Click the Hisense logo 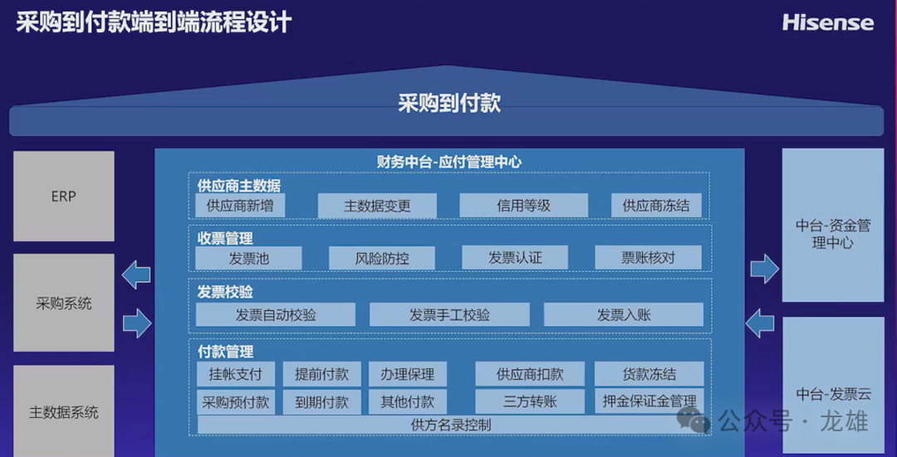pyautogui.click(x=828, y=23)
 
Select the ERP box pyautogui.click(x=63, y=196)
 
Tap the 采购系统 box pyautogui.click(x=63, y=303)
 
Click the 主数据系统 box pyautogui.click(x=63, y=411)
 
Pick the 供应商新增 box pyautogui.click(x=240, y=206)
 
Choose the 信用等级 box pyautogui.click(x=523, y=206)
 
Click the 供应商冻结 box pyautogui.click(x=656, y=206)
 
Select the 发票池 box pyautogui.click(x=248, y=258)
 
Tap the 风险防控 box pyautogui.click(x=381, y=258)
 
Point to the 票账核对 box pyautogui.click(x=648, y=258)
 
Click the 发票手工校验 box pyautogui.click(x=449, y=315)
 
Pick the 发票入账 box pyautogui.click(x=624, y=315)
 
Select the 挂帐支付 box pyautogui.click(x=236, y=374)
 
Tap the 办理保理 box pyautogui.click(x=407, y=374)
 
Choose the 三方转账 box pyautogui.click(x=530, y=401)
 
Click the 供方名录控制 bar pyautogui.click(x=450, y=425)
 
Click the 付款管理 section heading pyautogui.click(x=225, y=352)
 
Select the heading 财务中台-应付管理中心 pyautogui.click(x=449, y=163)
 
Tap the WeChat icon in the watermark pyautogui.click(x=694, y=421)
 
